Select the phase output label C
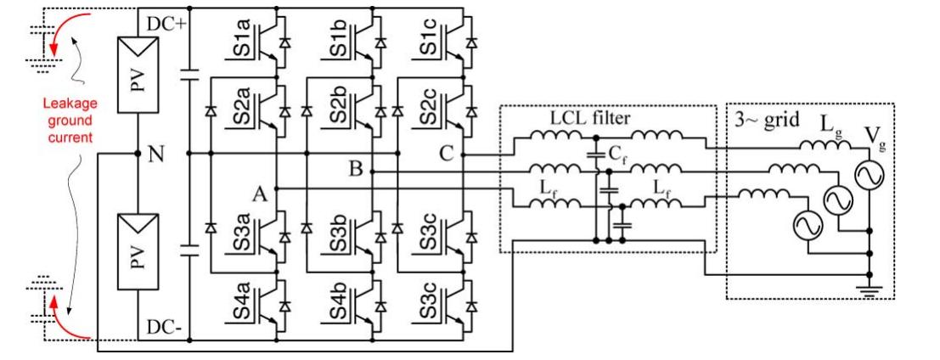(x=446, y=154)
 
